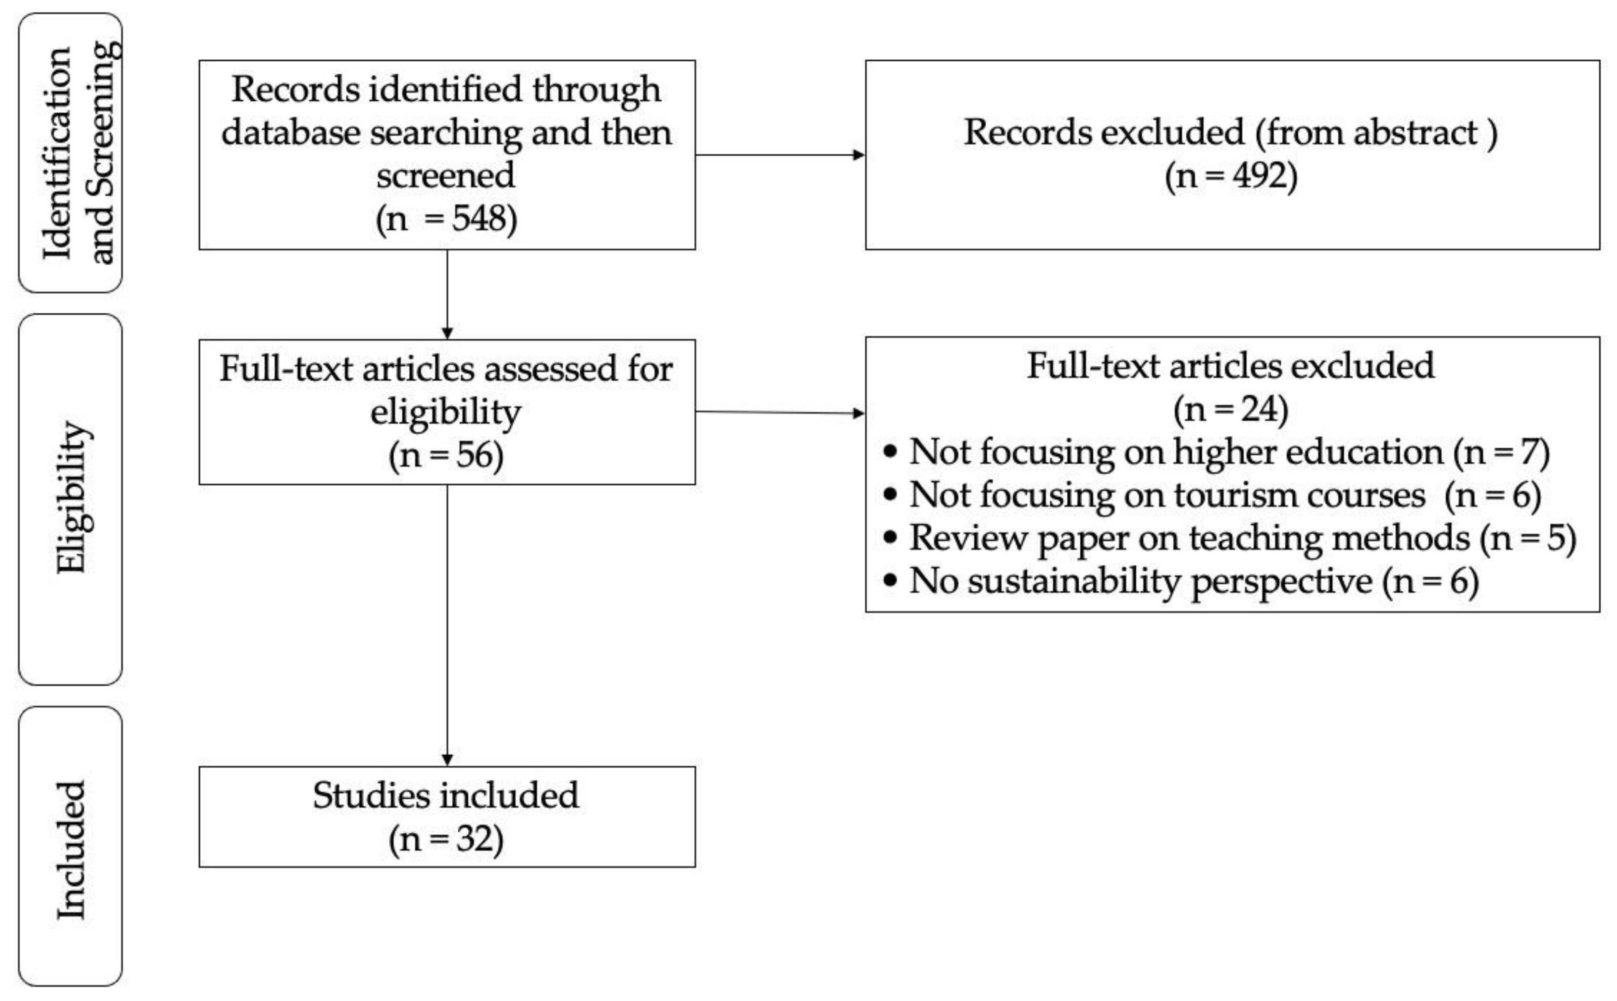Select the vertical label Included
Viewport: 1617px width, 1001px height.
[x=71, y=850]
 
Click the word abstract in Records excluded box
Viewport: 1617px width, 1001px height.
[x=1415, y=133]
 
